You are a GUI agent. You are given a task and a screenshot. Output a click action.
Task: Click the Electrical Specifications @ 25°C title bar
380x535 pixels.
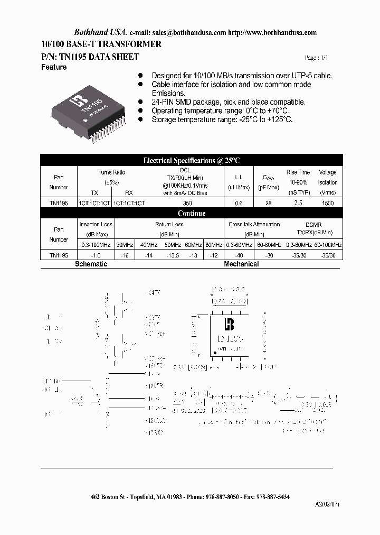click(192, 160)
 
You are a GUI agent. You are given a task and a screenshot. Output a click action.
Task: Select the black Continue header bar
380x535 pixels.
click(192, 214)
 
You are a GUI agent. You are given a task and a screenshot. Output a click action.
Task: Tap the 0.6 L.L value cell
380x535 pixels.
click(239, 203)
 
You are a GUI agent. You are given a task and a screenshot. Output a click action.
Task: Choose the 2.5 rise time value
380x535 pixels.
click(298, 203)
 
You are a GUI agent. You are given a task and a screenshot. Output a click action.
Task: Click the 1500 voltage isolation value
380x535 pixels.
click(327, 203)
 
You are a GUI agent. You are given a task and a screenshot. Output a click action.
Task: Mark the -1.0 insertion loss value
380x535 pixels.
click(96, 255)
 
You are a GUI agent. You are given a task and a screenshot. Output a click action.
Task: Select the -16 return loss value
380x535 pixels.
click(125, 255)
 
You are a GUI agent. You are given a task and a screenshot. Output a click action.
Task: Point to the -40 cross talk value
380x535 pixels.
click(240, 255)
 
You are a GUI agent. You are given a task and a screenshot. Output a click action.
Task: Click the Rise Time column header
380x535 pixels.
click(298, 172)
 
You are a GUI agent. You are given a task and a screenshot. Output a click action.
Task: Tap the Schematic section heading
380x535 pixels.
click(91, 264)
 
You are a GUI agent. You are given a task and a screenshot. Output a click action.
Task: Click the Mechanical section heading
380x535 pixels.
click(241, 264)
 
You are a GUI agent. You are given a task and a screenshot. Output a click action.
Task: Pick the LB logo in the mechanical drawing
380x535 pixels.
click(229, 325)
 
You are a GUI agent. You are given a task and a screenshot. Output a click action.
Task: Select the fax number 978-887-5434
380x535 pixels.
click(272, 497)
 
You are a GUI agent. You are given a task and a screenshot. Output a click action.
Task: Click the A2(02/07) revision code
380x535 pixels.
click(327, 504)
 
